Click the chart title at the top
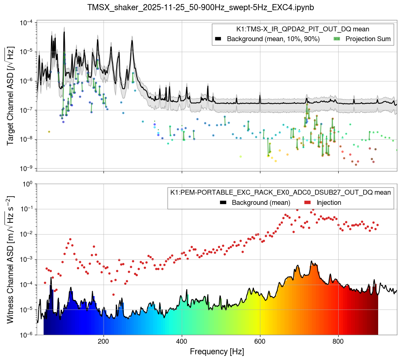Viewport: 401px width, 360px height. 200,7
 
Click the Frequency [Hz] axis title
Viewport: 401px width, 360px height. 216,351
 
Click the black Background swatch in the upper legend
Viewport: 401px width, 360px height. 218,39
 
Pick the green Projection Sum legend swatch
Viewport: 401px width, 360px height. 337,39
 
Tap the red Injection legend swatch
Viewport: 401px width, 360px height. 308,202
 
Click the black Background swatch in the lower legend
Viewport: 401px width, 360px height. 223,202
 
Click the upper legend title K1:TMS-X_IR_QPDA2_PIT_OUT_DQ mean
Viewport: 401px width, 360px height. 303,29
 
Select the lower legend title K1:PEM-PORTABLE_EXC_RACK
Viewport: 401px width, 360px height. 280,192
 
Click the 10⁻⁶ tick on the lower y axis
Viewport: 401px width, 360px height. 26,335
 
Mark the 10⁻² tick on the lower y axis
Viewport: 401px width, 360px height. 26,234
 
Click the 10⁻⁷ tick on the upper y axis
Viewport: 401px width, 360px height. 26,110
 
